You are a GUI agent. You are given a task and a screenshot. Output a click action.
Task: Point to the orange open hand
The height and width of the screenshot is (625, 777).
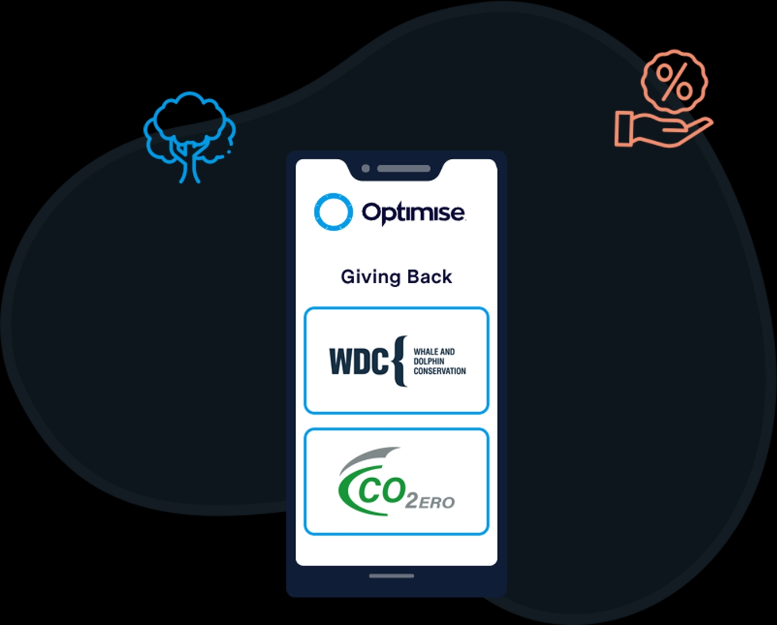660,130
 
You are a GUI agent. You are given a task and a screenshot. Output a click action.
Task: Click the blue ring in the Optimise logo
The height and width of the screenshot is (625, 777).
333,212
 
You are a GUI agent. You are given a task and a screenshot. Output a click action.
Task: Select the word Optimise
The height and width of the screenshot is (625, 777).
413,213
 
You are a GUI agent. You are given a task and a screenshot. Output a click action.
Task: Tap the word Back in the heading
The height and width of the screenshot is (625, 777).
429,277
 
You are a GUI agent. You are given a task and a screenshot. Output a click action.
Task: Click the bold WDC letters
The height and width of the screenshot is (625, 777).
359,362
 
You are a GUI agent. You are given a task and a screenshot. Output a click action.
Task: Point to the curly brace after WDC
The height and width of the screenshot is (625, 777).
401,361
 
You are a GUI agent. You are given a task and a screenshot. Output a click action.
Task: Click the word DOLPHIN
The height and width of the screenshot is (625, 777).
429,361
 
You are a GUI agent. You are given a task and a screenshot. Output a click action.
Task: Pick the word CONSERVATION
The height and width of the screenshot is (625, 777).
440,371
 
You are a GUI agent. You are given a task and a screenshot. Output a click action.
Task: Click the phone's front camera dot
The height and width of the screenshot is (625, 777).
366,169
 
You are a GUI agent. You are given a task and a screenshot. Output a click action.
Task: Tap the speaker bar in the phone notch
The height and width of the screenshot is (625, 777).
403,169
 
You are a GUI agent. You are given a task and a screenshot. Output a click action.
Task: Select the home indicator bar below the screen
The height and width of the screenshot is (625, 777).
391,576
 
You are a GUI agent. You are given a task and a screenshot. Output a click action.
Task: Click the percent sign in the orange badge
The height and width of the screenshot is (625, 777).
674,81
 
